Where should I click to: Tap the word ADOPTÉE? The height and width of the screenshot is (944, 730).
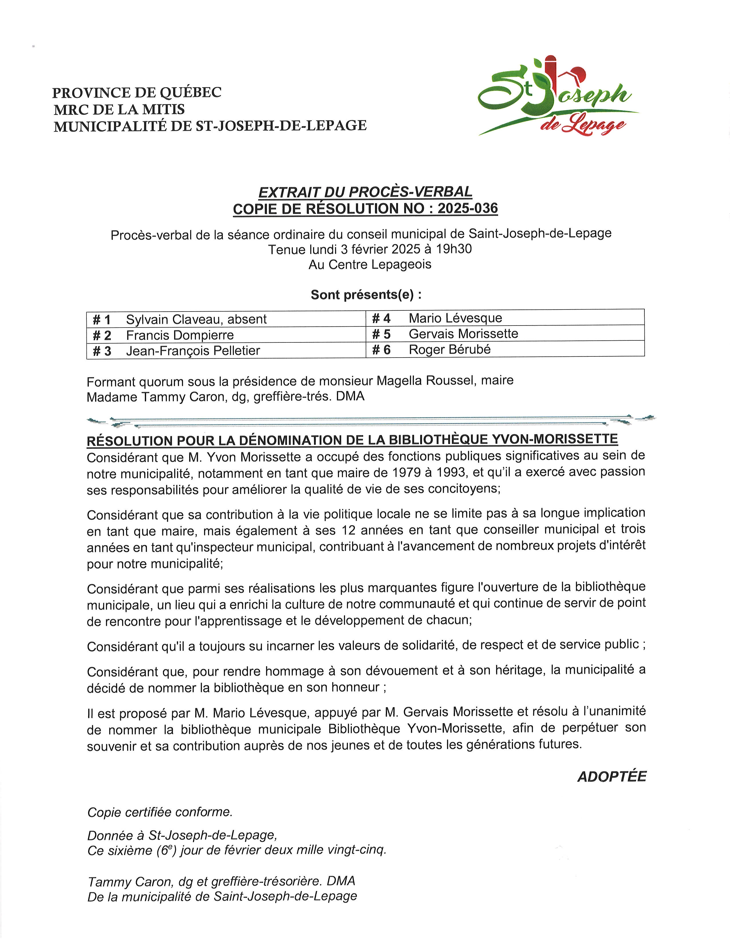pos(611,777)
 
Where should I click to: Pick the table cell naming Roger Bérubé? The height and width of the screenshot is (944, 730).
pos(450,349)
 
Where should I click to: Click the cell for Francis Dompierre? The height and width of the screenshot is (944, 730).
pos(180,335)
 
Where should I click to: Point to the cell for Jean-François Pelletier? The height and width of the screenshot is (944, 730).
pos(193,350)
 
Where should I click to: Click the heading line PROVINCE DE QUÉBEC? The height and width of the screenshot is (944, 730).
pos(137,92)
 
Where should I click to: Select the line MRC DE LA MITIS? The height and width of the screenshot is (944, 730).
pos(119,109)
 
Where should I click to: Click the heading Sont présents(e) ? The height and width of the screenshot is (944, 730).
pos(366,295)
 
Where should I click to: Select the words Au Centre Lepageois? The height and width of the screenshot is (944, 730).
pos(370,265)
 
